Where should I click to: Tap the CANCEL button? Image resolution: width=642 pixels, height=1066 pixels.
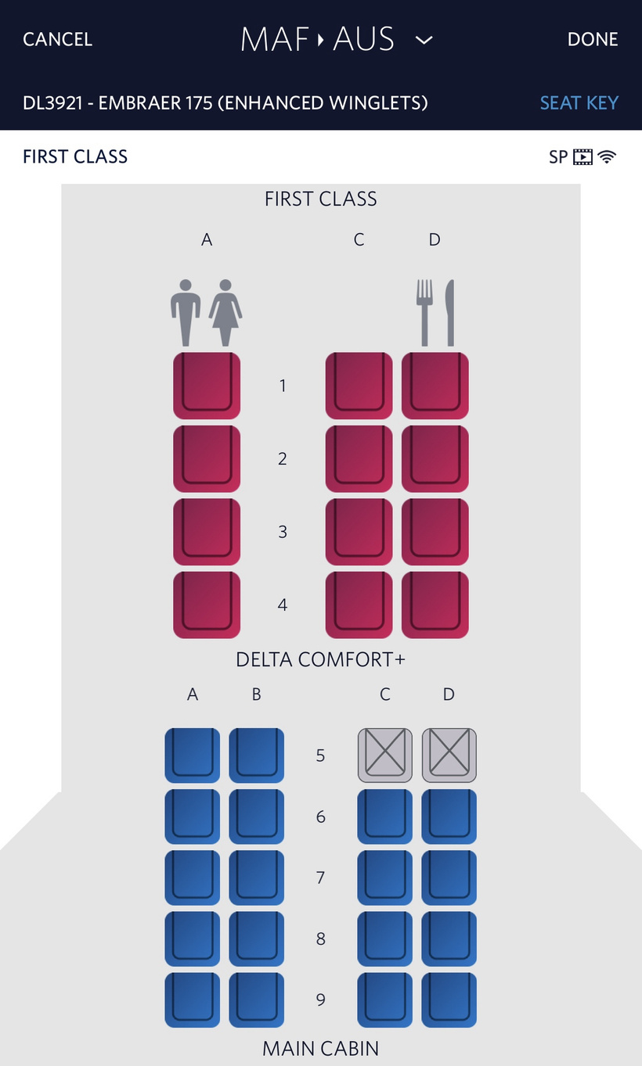(58, 39)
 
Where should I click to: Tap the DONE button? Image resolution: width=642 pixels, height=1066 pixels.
(593, 39)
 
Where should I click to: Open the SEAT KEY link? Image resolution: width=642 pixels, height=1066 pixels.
(579, 102)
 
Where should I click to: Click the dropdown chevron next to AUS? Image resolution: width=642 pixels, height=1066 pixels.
(424, 40)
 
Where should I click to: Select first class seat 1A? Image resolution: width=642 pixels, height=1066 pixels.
(207, 386)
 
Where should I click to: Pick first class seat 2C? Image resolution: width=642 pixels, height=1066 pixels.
(359, 459)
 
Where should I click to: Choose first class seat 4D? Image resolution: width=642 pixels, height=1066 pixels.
(435, 605)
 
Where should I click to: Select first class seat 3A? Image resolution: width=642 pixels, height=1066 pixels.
(207, 532)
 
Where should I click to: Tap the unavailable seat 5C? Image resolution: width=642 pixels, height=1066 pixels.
(385, 756)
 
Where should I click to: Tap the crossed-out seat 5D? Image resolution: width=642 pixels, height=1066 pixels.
(449, 756)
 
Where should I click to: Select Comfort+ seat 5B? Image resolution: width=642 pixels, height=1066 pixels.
(256, 756)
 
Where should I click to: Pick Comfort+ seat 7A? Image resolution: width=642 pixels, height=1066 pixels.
(193, 878)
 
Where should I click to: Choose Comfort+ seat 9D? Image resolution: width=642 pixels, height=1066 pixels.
(449, 1000)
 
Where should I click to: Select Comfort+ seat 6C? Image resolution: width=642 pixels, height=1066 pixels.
(385, 817)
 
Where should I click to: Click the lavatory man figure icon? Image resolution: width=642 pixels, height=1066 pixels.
(186, 313)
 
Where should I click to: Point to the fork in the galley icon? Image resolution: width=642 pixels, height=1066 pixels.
(424, 313)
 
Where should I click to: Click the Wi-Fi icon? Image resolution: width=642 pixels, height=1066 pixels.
(607, 156)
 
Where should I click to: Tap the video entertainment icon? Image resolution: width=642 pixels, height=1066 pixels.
(583, 156)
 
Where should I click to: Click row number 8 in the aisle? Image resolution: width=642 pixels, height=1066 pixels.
(320, 939)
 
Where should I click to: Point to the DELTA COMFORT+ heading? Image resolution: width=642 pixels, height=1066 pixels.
(320, 659)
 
